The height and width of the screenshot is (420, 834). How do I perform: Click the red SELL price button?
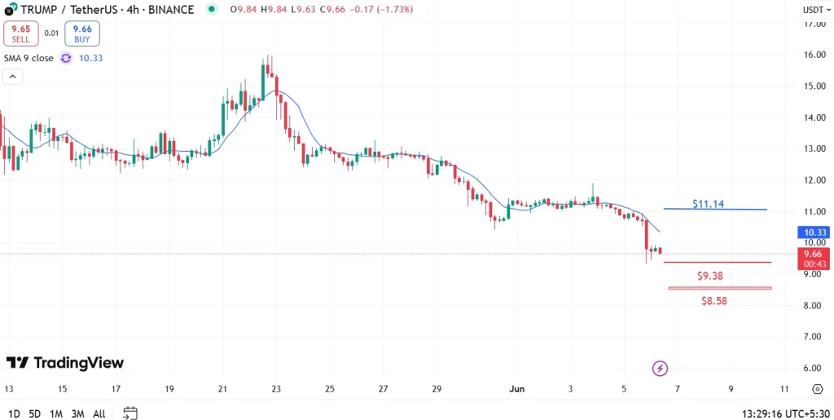[x=20, y=33]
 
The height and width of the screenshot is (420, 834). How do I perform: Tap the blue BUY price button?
[x=82, y=33]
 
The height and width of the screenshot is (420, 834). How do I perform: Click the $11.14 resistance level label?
[x=708, y=203]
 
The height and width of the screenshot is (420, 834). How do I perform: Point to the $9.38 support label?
[x=710, y=276]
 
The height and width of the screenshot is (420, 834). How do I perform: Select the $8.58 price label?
[x=713, y=300]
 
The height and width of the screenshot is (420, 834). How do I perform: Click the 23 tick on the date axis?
[x=276, y=389]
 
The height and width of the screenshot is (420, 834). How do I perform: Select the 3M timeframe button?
[x=77, y=413]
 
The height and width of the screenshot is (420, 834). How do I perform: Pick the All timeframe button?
[x=99, y=413]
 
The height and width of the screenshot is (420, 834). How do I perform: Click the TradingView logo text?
[x=65, y=362]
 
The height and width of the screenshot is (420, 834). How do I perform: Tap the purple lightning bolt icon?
[x=660, y=369]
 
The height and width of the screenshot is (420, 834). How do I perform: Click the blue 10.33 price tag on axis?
[x=814, y=232]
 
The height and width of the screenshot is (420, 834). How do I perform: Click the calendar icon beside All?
[x=130, y=413]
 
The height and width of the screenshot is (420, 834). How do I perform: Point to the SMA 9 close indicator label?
[x=29, y=58]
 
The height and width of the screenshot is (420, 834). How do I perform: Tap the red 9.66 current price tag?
[x=814, y=259]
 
